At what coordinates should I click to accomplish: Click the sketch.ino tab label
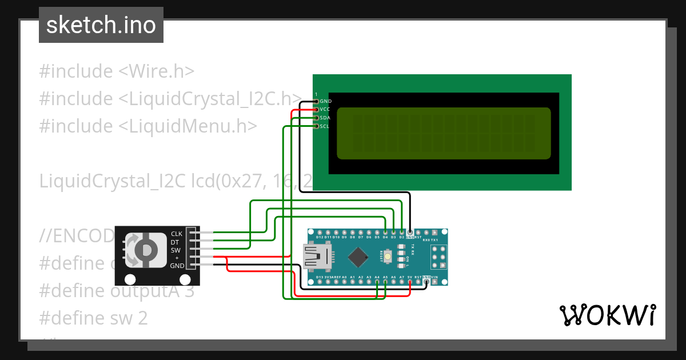101,25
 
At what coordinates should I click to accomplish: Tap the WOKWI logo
607,315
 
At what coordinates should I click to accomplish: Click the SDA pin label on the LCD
325,117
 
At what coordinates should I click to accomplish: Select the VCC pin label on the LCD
325,109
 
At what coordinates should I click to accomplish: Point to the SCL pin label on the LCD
325,126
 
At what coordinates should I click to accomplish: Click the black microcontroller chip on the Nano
358,257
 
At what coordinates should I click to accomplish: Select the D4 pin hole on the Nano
385,233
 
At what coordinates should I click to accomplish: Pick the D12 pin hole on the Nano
320,233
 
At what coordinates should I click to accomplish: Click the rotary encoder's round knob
147,250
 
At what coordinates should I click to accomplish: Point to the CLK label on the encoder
176,234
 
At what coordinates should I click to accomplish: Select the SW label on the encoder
176,250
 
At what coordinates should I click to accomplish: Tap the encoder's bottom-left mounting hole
130,279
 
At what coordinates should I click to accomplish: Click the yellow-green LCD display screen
444,133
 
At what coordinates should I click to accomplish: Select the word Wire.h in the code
161,71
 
